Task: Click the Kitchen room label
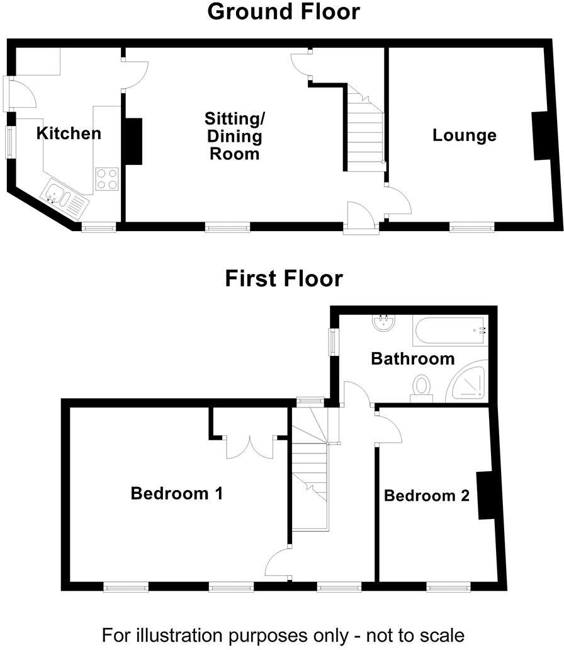point(69,134)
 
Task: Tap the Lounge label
point(465,135)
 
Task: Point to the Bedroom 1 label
point(176,493)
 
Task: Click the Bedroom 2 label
point(427,496)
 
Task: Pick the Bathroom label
point(412,359)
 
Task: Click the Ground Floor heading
point(283,11)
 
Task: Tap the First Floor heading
point(284,278)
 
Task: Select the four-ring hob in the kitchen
point(107,178)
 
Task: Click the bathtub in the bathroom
point(449,330)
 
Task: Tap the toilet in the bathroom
point(420,387)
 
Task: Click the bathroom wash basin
point(383,324)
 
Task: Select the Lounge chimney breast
point(540,136)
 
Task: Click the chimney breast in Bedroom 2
point(485,496)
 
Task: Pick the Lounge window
point(471,227)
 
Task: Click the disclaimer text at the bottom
point(283,634)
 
